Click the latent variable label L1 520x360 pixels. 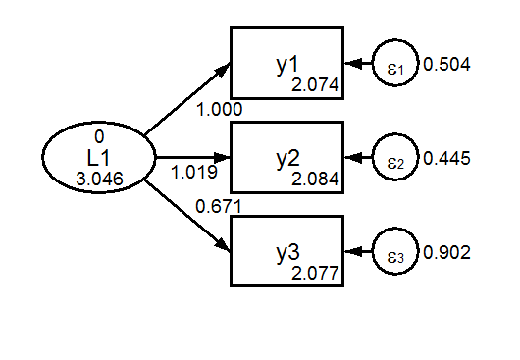click(x=98, y=157)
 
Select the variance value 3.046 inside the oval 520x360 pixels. click(x=98, y=178)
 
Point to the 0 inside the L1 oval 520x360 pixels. click(x=98, y=137)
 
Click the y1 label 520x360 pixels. click(x=286, y=65)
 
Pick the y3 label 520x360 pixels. click(x=286, y=252)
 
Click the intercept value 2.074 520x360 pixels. click(x=315, y=86)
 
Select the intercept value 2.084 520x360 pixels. click(x=315, y=180)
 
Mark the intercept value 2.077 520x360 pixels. click(x=315, y=273)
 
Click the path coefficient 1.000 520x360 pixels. click(x=219, y=110)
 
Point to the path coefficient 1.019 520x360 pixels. click(x=193, y=173)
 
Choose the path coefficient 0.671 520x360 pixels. click(x=219, y=207)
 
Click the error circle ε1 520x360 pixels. click(x=394, y=65)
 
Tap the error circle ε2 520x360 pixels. click(x=394, y=159)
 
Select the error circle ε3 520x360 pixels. click(x=394, y=252)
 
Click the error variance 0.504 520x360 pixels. click(x=447, y=65)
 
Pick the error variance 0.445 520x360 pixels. click(x=447, y=159)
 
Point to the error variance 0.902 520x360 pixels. click(x=447, y=252)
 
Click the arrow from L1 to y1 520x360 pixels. click(x=186, y=100)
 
